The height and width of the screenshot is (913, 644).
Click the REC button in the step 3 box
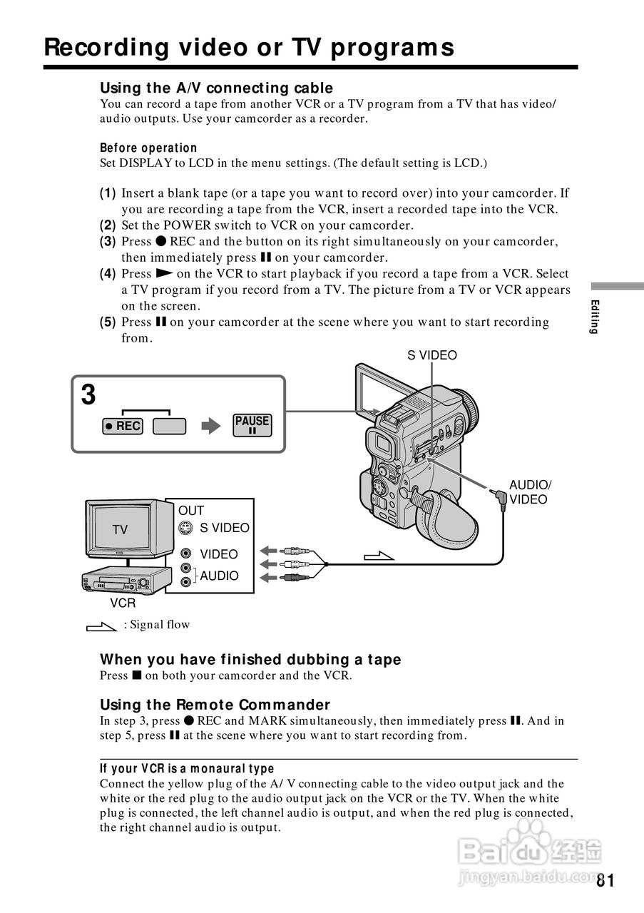coord(122,426)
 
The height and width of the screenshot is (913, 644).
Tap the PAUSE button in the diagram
coord(252,425)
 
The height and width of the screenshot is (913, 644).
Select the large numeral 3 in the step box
coord(88,395)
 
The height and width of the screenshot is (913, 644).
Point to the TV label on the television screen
coord(120,529)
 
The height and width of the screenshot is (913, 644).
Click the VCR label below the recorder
coord(123,603)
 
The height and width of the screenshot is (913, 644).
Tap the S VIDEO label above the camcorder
coord(432,355)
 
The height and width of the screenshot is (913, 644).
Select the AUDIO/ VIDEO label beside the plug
coord(529,492)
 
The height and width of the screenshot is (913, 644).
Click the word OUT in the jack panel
coord(191,511)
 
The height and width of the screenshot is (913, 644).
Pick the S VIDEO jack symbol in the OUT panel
coord(185,528)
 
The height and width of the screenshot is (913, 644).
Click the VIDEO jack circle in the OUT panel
coord(185,554)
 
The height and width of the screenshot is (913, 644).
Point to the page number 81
coord(605,880)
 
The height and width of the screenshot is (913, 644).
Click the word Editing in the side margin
coord(593,317)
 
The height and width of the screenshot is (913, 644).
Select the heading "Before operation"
coord(148,148)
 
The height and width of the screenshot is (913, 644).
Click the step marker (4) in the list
coord(108,274)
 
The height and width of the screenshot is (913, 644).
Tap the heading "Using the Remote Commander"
coord(215,705)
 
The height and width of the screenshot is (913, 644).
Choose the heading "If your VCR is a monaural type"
coord(187,768)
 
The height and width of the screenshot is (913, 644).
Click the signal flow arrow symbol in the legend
coord(101,626)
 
